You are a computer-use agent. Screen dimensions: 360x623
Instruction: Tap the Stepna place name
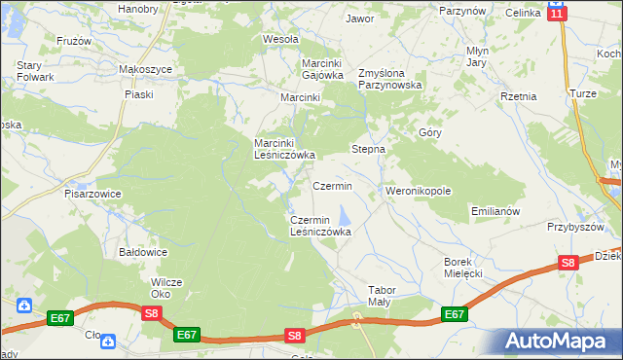(368, 150)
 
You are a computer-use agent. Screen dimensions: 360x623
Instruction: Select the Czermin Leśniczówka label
(320, 226)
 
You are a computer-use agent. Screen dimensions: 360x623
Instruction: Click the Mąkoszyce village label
(145, 70)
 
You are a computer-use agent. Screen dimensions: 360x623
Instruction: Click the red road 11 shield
(556, 12)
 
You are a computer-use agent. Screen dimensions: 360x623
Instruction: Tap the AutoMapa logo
(559, 341)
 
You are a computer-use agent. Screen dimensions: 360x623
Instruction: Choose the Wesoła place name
(280, 40)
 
